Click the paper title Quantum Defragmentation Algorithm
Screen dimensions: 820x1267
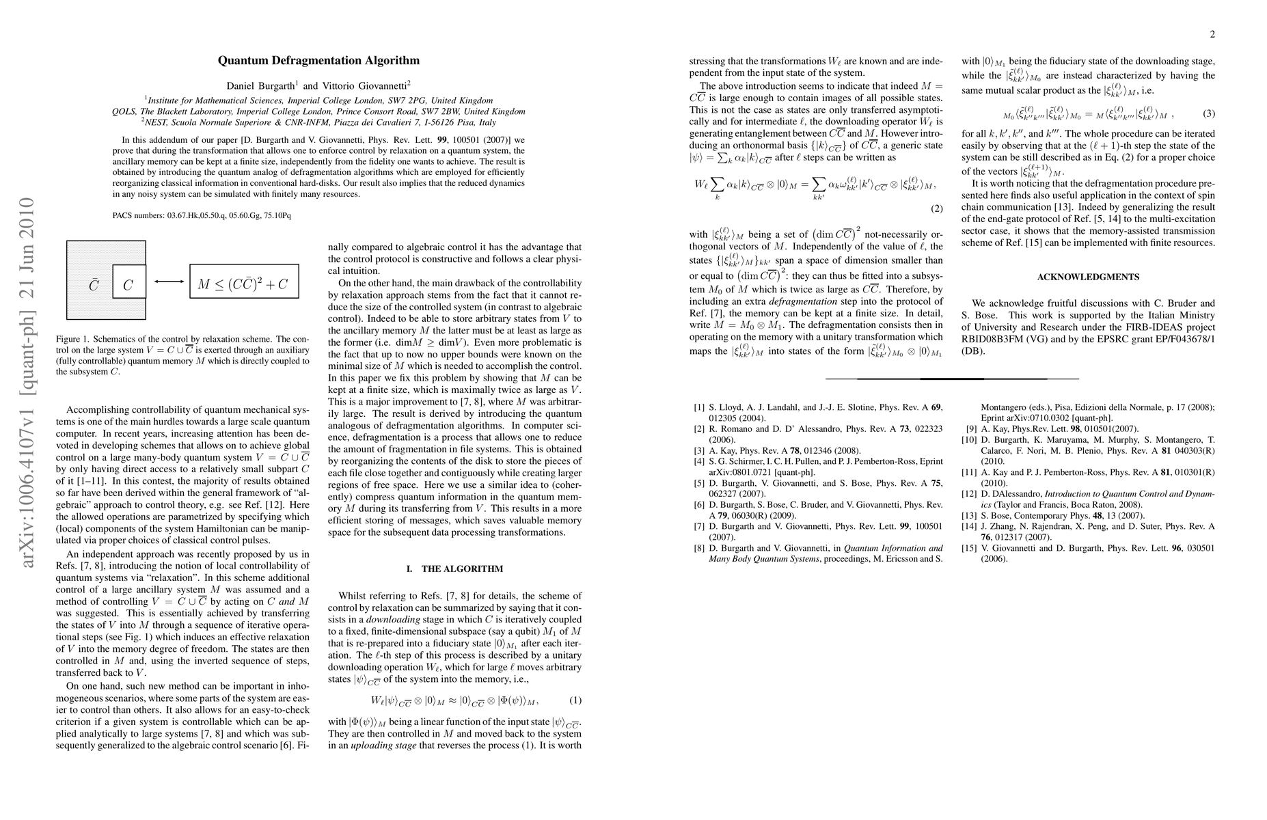tap(318, 61)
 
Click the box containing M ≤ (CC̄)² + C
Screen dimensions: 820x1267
tap(244, 282)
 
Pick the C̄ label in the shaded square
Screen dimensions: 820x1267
tap(94, 285)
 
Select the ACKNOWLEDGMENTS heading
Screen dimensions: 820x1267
tap(1088, 277)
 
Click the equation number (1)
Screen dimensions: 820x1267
tap(575, 700)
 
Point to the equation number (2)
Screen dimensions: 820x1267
tap(936, 209)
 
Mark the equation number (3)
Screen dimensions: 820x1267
tap(1208, 113)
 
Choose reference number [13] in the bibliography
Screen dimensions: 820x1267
tap(968, 515)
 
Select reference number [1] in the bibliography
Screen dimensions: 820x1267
tap(699, 407)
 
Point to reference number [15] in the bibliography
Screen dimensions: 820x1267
tap(968, 548)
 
